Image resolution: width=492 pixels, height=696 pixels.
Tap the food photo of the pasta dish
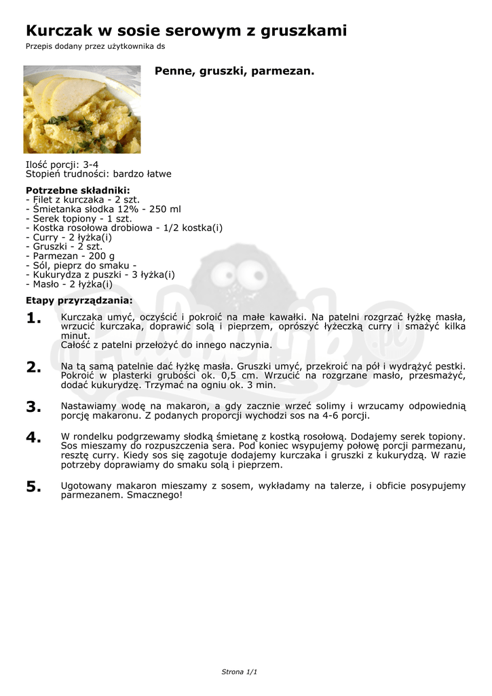82,109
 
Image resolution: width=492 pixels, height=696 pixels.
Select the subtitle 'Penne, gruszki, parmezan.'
235,71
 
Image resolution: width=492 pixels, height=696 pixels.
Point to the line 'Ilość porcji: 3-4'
62,164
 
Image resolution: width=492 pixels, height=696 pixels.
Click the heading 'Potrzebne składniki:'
77,190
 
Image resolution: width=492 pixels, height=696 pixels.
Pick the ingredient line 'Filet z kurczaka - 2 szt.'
83,200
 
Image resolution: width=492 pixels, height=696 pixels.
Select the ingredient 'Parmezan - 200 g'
70,256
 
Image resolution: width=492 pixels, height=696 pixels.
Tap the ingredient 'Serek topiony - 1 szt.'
79,219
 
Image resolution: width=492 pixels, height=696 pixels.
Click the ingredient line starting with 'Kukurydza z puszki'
100,275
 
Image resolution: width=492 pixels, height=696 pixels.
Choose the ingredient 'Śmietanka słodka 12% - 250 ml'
103,209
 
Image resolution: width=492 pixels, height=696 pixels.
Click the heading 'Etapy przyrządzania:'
79,300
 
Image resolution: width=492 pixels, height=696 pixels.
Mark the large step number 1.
34,319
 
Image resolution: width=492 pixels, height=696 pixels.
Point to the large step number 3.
34,407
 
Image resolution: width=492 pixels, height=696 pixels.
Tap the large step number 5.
34,487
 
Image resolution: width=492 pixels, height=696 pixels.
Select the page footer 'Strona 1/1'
240,672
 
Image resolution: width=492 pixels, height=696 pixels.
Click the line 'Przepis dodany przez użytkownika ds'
95,46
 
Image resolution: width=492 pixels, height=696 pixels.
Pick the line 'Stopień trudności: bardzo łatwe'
98,174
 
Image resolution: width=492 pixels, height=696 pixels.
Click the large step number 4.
34,438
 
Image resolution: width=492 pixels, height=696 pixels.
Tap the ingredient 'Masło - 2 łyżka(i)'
69,284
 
